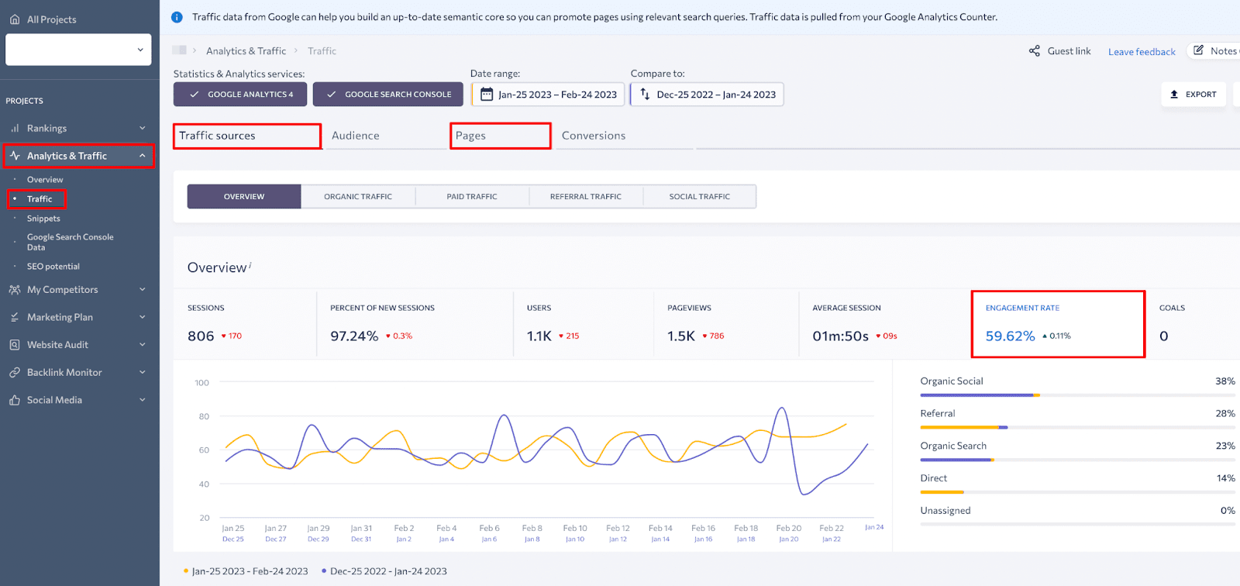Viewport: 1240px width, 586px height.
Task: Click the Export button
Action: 1193,95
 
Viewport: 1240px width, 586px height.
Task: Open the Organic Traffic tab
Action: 358,197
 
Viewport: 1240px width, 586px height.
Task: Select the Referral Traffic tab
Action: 585,197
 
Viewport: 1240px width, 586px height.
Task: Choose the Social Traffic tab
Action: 699,197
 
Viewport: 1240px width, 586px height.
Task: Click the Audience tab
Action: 356,136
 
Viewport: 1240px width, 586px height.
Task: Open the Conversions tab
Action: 593,136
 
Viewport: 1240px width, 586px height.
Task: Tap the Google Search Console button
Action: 388,95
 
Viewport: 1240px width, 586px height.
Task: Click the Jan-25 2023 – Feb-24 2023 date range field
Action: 549,95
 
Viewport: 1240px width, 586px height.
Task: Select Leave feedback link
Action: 1142,52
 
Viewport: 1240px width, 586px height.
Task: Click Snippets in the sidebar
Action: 43,219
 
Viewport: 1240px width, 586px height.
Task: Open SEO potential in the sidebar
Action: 53,267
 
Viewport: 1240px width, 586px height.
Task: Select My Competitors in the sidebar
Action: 62,290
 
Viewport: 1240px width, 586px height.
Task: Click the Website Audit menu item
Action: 57,345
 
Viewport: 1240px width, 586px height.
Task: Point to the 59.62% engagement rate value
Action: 1010,336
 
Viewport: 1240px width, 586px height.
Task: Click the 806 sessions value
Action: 201,336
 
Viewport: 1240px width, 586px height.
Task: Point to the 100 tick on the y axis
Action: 201,383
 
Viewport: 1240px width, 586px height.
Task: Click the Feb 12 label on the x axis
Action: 618,529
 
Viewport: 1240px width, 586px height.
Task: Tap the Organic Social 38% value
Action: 1224,381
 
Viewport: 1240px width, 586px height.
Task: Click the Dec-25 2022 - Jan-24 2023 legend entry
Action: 387,571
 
